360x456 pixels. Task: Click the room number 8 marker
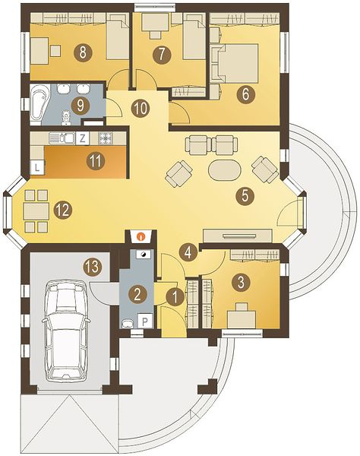83,52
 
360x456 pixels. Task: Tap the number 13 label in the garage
93,267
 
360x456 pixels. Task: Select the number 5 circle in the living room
245,195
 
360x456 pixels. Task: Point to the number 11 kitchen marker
96,160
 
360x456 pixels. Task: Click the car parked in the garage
66,331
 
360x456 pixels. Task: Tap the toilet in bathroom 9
67,118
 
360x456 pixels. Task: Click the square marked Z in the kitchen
83,138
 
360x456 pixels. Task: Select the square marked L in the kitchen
37,167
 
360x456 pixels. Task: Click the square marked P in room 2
146,321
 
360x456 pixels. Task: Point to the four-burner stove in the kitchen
106,138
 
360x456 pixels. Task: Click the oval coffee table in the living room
225,170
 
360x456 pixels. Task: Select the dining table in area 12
36,211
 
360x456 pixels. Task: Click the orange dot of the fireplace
141,236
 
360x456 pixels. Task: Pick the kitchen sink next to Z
62,138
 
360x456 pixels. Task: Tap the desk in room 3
242,319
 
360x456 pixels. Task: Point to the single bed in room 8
118,40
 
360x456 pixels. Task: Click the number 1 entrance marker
175,297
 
